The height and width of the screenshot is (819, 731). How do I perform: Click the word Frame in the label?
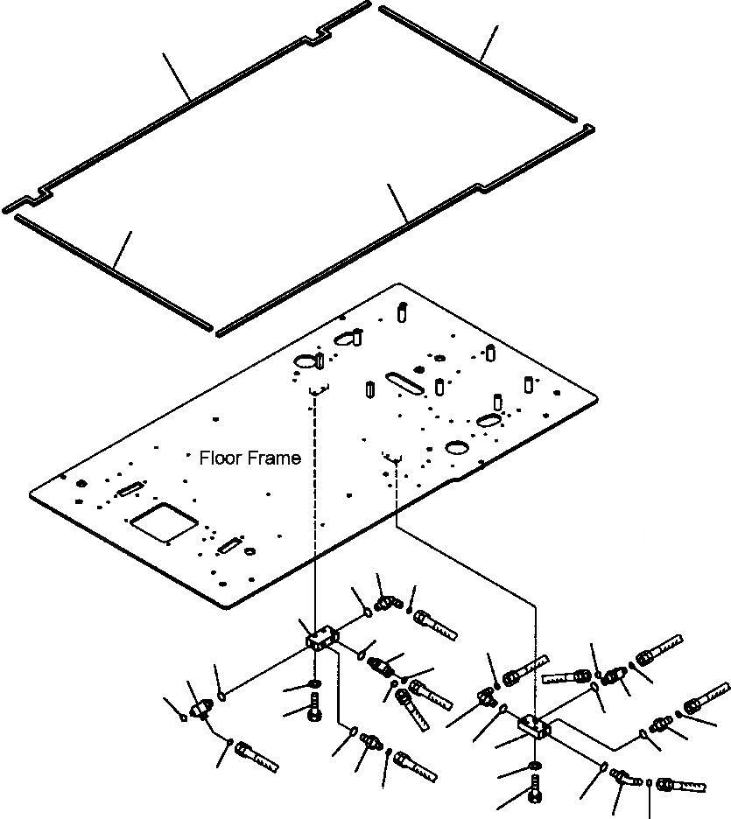[x=272, y=458]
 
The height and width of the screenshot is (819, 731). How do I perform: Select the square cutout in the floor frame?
[x=163, y=524]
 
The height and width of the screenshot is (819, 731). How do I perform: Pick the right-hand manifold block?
[x=535, y=724]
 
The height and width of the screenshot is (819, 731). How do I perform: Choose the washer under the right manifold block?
[x=534, y=767]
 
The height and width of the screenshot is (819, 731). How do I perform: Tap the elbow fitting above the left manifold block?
[x=385, y=603]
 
